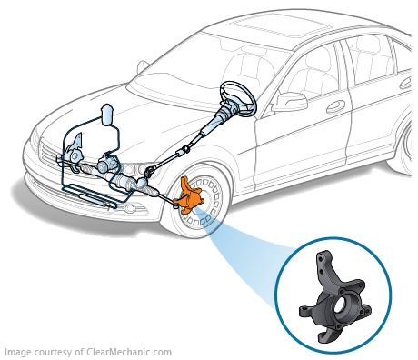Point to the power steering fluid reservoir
point(107,115)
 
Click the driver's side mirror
point(290,102)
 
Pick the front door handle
point(335,106)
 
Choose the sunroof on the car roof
point(279,26)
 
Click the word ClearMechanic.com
point(129,353)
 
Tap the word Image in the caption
point(18,353)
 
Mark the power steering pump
point(106,164)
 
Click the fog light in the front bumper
point(131,208)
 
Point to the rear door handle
point(406,84)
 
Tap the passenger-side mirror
point(143,67)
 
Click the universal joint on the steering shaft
point(149,173)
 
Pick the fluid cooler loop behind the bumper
point(91,196)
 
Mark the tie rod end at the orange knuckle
point(175,205)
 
